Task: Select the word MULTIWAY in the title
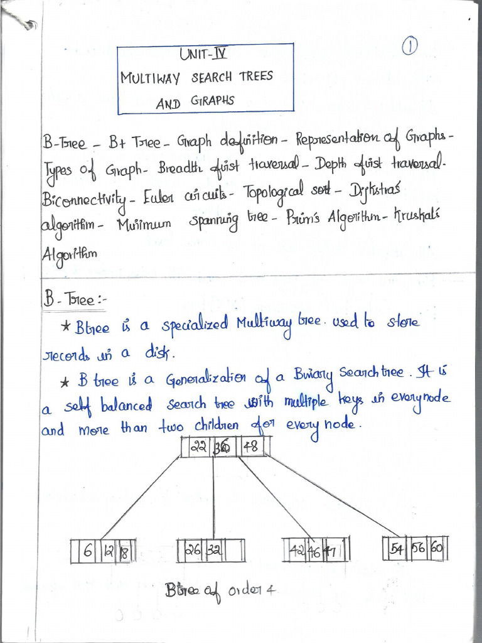150,78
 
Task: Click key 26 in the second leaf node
192,549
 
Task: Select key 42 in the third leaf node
297,550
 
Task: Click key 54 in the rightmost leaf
397,548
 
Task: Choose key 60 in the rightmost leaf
437,548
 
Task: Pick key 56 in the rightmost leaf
417,548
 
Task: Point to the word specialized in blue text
194,327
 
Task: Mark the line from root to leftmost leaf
141,496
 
